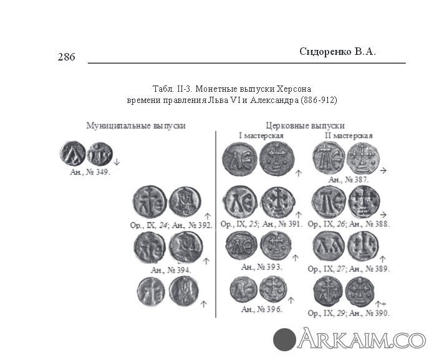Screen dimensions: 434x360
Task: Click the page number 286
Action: (67, 57)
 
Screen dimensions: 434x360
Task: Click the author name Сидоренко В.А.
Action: (337, 52)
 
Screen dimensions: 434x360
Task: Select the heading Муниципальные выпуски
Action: (136, 126)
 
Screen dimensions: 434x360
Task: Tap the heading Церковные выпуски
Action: (306, 126)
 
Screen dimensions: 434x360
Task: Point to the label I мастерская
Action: (261, 135)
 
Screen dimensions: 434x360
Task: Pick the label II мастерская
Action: (349, 135)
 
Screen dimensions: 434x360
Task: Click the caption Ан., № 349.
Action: (90, 172)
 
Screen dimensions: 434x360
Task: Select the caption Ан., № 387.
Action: (349, 180)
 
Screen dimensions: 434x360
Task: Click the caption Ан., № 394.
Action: (171, 270)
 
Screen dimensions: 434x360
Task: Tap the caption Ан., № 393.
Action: (261, 267)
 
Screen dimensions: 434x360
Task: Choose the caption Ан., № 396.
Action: (261, 309)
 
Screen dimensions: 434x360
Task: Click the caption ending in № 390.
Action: (349, 313)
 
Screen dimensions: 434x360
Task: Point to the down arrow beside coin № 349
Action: (117, 162)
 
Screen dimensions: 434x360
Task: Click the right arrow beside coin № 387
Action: (383, 170)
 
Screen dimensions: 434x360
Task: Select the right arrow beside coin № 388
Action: (383, 215)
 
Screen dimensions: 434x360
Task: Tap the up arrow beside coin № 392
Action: (207, 216)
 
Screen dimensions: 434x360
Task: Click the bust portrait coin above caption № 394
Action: (185, 247)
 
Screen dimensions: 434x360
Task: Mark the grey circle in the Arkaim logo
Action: (284, 339)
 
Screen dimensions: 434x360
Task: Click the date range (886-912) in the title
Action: (318, 100)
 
